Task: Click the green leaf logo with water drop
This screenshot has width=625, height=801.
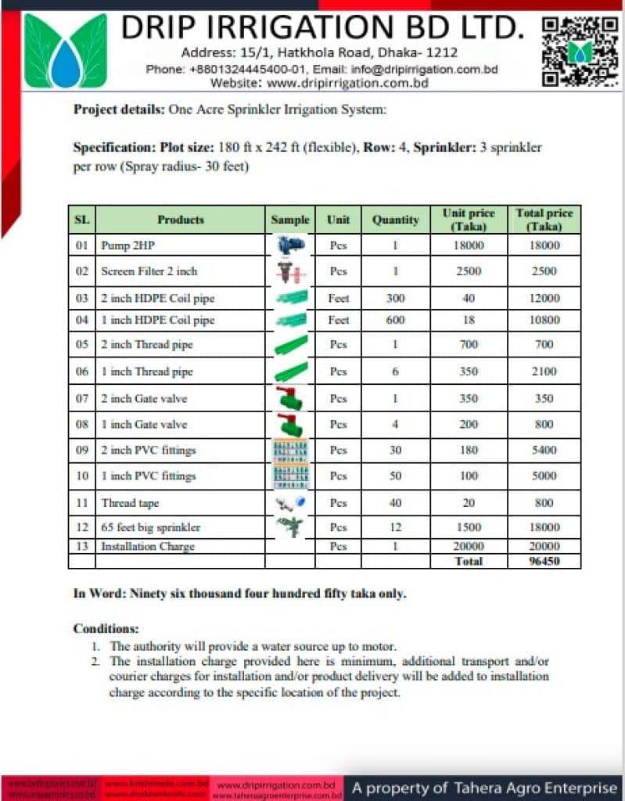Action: click(65, 51)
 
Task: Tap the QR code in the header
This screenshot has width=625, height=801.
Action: click(580, 50)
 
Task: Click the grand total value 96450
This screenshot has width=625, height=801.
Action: click(544, 561)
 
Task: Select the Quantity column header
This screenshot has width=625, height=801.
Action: click(395, 220)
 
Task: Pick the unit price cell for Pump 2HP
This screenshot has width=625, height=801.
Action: click(469, 246)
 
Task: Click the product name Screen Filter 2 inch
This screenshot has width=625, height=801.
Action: click(149, 271)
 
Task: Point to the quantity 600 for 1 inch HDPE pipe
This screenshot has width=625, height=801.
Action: click(395, 320)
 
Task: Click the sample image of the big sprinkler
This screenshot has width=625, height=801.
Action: click(290, 526)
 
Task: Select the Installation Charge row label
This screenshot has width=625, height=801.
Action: click(147, 546)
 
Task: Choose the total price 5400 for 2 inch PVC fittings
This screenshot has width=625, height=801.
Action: click(544, 451)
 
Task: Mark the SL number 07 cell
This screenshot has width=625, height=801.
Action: click(82, 399)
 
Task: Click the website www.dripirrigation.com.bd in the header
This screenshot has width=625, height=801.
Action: click(347, 83)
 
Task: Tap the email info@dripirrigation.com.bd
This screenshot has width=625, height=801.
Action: click(425, 69)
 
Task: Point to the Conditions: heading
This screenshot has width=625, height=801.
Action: click(106, 628)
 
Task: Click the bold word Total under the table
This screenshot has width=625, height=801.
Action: click(469, 561)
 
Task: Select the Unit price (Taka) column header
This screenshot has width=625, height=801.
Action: click(469, 220)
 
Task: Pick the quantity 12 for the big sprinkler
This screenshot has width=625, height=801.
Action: click(395, 527)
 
